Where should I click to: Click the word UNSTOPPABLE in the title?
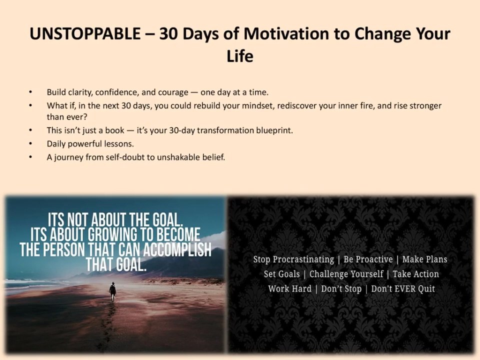click(x=85, y=33)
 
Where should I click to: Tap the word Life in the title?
click(x=240, y=56)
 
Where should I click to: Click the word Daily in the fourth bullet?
click(x=56, y=144)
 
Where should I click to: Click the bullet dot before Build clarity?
click(x=30, y=92)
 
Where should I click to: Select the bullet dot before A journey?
click(x=30, y=157)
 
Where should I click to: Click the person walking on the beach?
click(x=112, y=291)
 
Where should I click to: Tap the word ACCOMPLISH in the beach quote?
click(x=177, y=249)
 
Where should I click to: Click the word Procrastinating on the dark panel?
click(x=303, y=259)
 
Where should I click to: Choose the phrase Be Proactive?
click(x=368, y=259)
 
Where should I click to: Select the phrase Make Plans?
click(x=424, y=259)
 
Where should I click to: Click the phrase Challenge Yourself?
click(x=346, y=274)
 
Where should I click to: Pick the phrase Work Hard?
click(x=289, y=288)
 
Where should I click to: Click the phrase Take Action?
click(x=415, y=274)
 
